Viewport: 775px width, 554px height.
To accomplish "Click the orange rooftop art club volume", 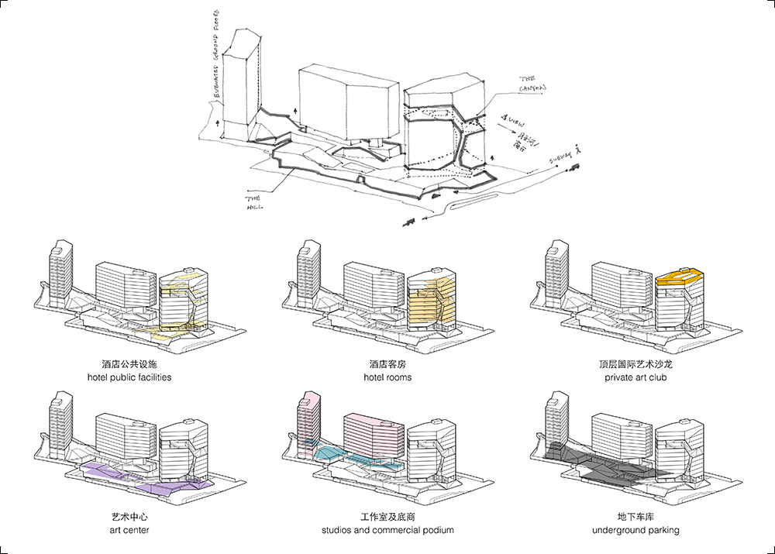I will (x=678, y=277).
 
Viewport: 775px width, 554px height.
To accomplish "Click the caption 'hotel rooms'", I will (x=387, y=377).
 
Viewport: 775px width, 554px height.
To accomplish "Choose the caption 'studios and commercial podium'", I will (x=387, y=530).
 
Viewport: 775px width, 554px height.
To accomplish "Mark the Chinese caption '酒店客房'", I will (x=387, y=363).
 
